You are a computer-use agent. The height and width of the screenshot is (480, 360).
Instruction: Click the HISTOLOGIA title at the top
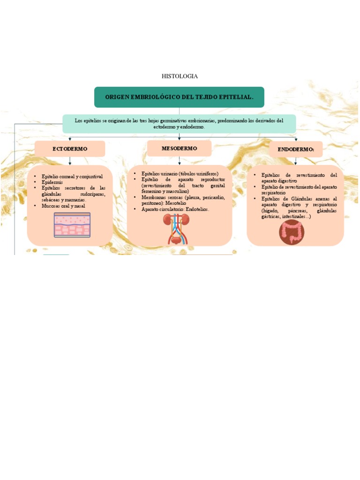tap(180, 76)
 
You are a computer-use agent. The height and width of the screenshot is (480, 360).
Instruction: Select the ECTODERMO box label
tap(70, 149)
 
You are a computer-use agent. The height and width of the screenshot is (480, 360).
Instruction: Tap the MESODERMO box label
tap(179, 148)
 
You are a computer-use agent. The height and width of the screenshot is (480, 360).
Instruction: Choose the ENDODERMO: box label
tap(296, 150)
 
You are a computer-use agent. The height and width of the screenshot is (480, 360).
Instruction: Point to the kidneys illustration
tap(176, 229)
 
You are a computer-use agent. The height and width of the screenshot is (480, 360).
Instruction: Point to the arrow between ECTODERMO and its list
tap(70, 161)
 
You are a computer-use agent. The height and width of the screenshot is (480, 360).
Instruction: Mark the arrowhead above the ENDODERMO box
tap(296, 139)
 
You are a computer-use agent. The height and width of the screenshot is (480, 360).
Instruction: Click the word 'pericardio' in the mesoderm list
tap(212, 197)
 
